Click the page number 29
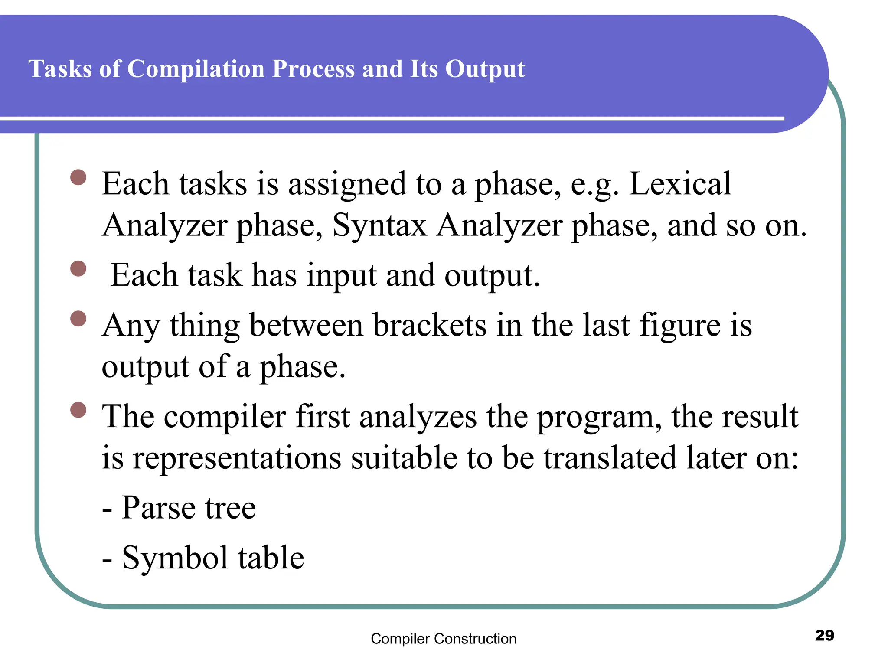coord(824,635)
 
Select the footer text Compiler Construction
coord(444,639)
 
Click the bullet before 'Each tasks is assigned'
coord(78,177)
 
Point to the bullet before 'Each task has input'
coord(78,269)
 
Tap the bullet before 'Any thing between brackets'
coord(78,319)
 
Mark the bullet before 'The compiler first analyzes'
coord(78,410)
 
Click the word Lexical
coord(679,184)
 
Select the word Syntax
coord(379,225)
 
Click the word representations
coord(237,458)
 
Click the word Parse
coord(158,508)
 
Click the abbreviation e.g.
coord(594,185)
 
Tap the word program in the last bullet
coord(599,417)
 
